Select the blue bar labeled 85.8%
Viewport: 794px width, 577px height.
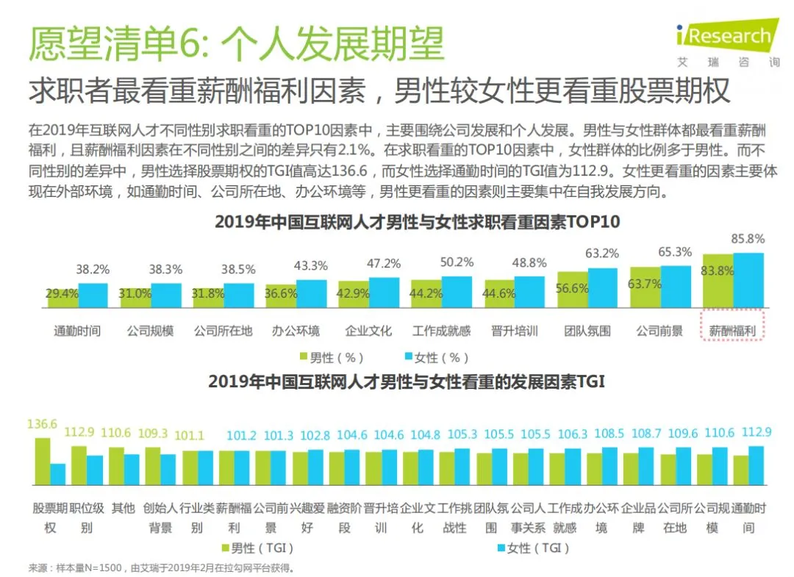[748, 280]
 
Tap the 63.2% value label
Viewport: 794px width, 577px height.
[602, 253]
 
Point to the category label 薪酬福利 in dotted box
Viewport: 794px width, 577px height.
[732, 331]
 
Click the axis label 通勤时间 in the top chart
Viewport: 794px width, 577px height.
[77, 331]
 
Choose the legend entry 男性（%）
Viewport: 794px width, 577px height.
[332, 358]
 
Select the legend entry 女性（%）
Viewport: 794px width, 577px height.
[437, 358]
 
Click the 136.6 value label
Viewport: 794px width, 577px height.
[42, 423]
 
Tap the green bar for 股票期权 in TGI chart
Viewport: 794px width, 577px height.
[43, 462]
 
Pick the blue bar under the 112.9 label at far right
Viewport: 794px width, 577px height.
[756, 466]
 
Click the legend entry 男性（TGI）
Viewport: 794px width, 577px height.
[258, 548]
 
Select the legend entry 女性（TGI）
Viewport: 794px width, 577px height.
[534, 548]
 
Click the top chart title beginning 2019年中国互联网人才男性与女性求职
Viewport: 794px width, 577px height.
[418, 222]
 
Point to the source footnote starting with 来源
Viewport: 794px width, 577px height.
[161, 568]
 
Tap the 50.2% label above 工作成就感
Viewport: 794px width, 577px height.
[457, 262]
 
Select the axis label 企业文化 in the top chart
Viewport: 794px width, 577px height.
[368, 331]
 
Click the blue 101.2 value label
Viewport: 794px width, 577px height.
[241, 435]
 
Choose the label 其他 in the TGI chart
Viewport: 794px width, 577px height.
[123, 508]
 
